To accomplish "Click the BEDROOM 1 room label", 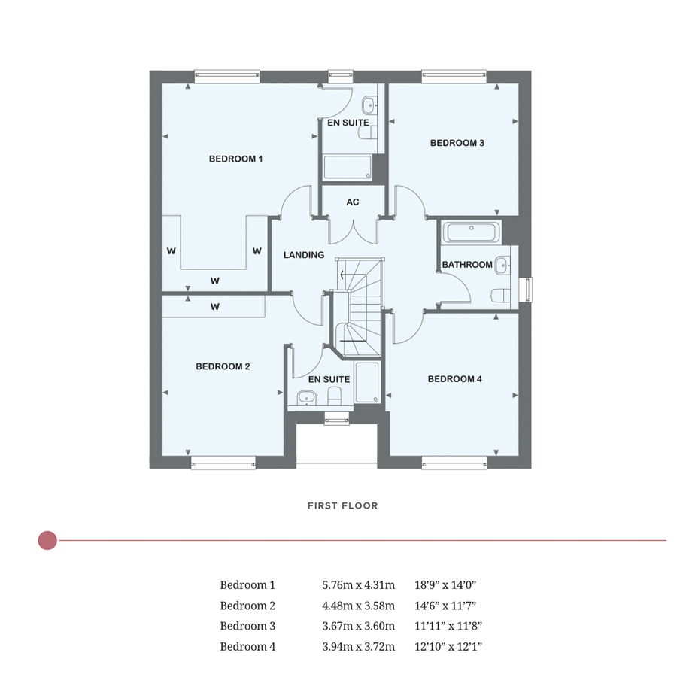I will pyautogui.click(x=235, y=159).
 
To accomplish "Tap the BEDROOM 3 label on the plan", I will pyautogui.click(x=457, y=143).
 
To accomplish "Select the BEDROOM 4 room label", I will pyautogui.click(x=454, y=379).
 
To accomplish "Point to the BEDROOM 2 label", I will pyautogui.click(x=223, y=366).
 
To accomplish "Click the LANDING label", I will pyautogui.click(x=304, y=255).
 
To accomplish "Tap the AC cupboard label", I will pyautogui.click(x=352, y=202).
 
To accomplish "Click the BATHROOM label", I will pyautogui.click(x=467, y=265).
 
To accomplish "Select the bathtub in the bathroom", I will pyautogui.click(x=471, y=232).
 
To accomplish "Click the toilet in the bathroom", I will pyautogui.click(x=500, y=294).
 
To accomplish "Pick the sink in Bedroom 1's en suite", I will pyautogui.click(x=369, y=105).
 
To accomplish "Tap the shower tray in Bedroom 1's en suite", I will pyautogui.click(x=348, y=168).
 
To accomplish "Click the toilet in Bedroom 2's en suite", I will pyautogui.click(x=335, y=396).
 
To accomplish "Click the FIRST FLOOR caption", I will pyautogui.click(x=342, y=505).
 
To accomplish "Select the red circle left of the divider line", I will pyautogui.click(x=47, y=540).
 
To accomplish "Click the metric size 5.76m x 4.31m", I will pyautogui.click(x=358, y=584).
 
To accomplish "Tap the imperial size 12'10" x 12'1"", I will pyautogui.click(x=448, y=646).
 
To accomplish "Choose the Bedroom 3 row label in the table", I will pyautogui.click(x=247, y=626).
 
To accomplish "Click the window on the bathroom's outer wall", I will pyautogui.click(x=527, y=287).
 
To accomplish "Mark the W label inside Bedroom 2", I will pyautogui.click(x=214, y=306).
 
